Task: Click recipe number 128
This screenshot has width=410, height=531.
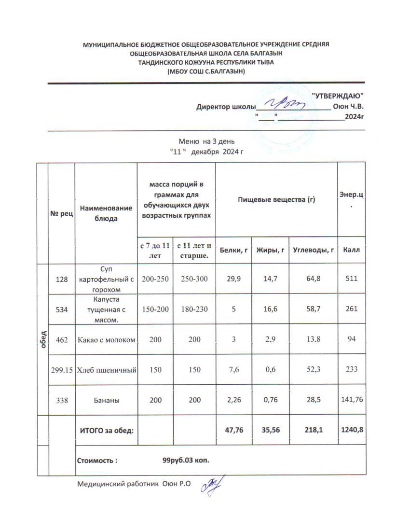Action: pos(61,279)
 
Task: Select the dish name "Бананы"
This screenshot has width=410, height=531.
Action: pos(107,400)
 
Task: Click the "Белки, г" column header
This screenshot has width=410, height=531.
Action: pos(233,250)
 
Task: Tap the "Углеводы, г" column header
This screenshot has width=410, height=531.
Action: pos(313,250)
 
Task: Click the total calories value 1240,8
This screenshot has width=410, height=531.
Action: pos(351,430)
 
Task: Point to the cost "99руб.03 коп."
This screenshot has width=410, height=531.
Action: pos(186,460)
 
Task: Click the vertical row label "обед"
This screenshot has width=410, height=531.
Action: pos(43,340)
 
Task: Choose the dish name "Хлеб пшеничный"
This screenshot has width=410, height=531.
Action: pos(107,370)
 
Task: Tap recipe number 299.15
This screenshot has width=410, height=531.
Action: pos(61,370)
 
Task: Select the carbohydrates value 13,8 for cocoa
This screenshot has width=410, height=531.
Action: pos(313,339)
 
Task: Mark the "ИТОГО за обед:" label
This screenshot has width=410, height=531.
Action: pos(106,430)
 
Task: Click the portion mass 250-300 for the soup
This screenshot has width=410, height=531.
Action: pos(195,279)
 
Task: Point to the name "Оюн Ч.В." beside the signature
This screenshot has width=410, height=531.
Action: pos(348,107)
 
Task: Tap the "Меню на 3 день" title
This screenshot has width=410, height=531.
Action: pos(206,141)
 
